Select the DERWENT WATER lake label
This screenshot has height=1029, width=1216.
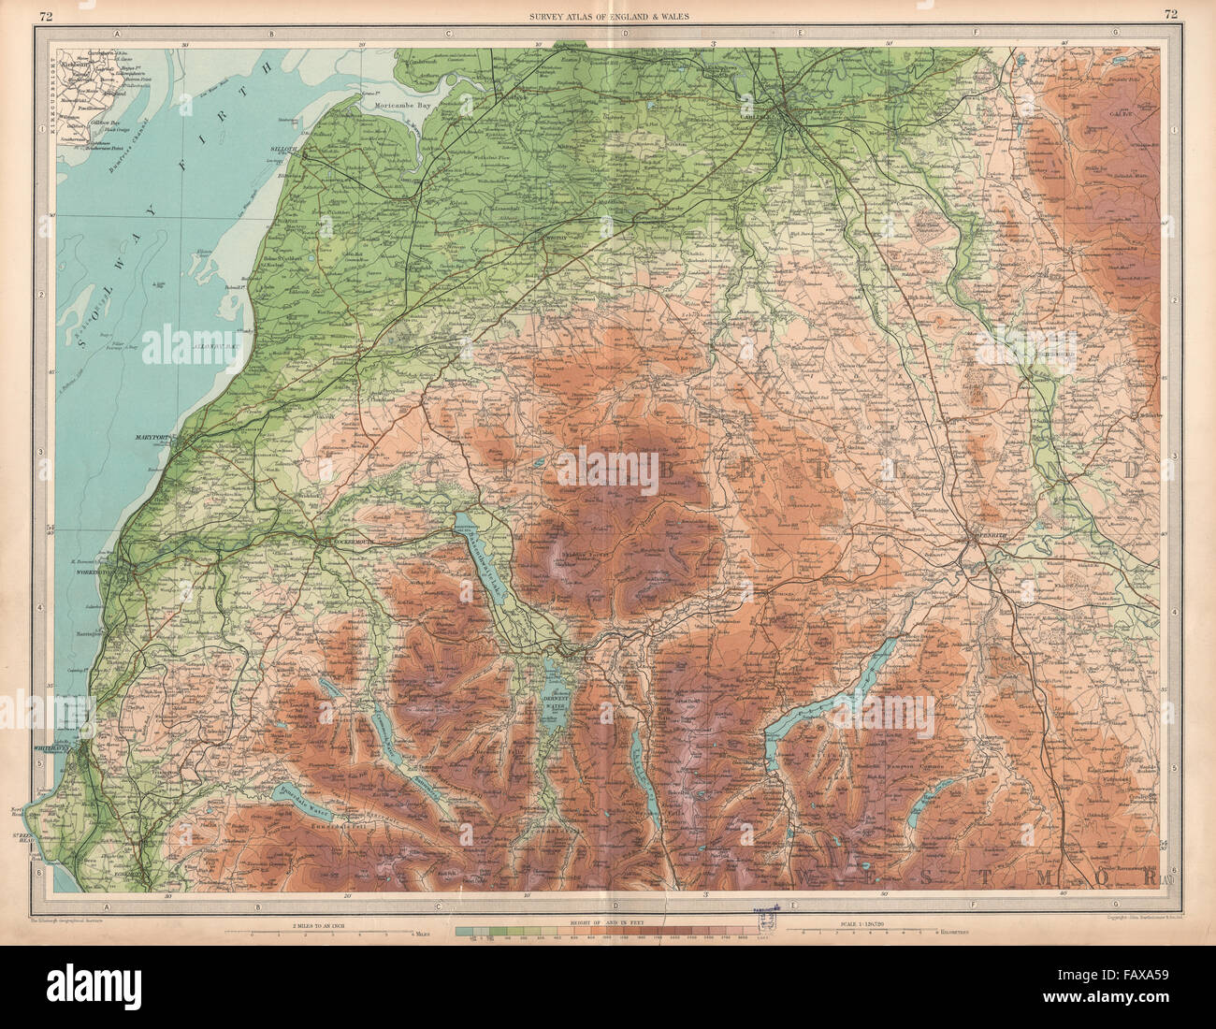[556, 702]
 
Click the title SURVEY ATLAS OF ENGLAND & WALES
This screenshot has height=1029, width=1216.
[607, 13]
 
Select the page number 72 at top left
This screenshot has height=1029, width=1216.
[46, 13]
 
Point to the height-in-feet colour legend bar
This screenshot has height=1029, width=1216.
[608, 932]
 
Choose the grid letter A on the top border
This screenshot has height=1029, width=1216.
[118, 34]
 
